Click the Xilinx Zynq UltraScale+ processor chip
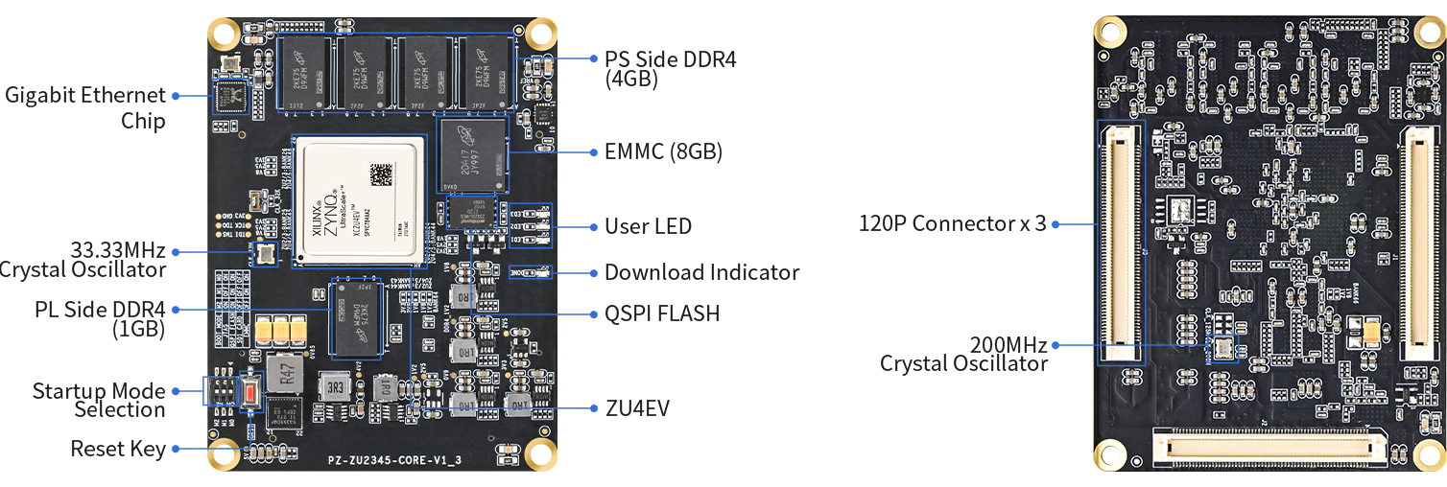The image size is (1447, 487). pos(359,199)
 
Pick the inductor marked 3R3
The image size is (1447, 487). pos(336,387)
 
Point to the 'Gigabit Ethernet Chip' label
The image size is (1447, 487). pos(85,107)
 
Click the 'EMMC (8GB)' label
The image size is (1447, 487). pos(663,151)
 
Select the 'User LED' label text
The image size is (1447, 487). pos(648,226)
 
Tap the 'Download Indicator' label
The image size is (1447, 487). pos(701,272)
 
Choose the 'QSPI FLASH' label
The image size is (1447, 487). pos(661,313)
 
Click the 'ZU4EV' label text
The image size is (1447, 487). pos(637,408)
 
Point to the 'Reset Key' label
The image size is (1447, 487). pos(118,449)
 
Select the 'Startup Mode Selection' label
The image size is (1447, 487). pos(99,400)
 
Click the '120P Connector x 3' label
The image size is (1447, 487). pos(952,224)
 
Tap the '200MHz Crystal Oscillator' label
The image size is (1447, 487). pos(964,354)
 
